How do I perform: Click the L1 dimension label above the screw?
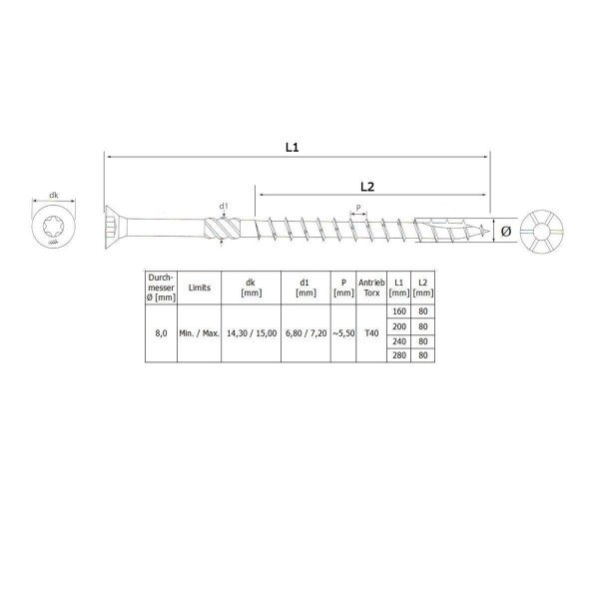[x=292, y=147]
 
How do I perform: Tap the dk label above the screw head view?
[x=52, y=197]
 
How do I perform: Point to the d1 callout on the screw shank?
[x=225, y=208]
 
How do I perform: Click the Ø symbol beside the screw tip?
[x=505, y=232]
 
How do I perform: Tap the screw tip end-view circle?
[x=548, y=232]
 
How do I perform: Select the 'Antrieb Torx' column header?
[x=372, y=286]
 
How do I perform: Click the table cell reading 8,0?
[x=161, y=335]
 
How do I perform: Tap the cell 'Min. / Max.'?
[x=200, y=335]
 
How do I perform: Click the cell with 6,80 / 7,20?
[x=306, y=335]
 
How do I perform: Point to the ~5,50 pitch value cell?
[x=342, y=335]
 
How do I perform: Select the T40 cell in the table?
[x=372, y=335]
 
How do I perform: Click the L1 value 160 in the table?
[x=399, y=312]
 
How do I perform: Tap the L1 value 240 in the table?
[x=399, y=342]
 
